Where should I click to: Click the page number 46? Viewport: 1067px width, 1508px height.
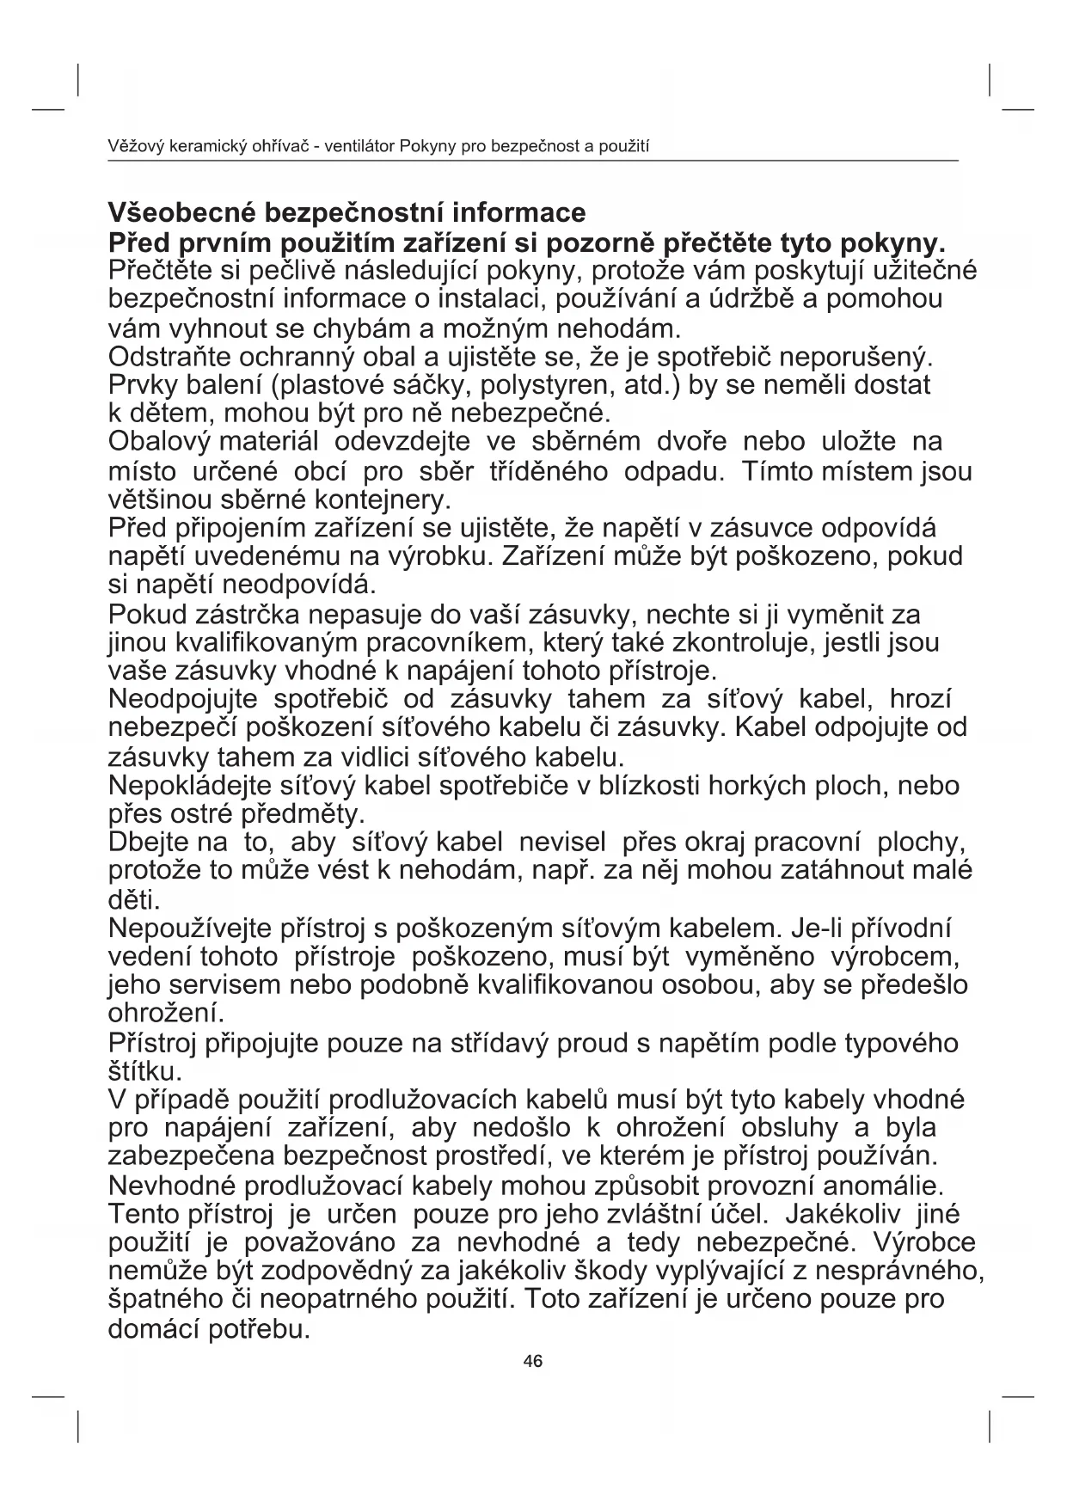coord(532,1361)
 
